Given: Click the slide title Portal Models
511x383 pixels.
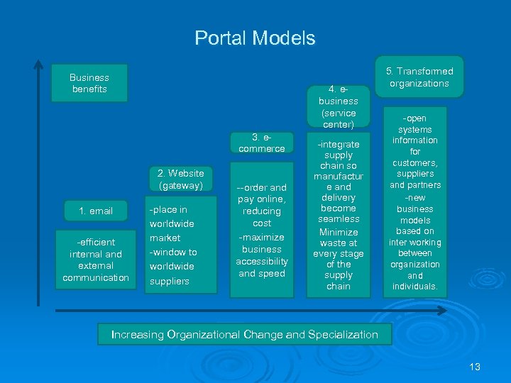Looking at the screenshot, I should (255, 38).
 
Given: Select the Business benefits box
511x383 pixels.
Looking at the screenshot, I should (89, 83).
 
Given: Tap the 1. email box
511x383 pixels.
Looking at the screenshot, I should (96, 211).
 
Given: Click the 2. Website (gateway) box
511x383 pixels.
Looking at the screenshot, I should (180, 179).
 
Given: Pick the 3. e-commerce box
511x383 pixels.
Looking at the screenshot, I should (262, 143).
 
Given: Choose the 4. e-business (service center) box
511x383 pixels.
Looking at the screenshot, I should (339, 107).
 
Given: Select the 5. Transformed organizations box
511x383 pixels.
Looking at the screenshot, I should (419, 77).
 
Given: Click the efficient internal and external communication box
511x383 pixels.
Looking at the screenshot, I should (96, 260).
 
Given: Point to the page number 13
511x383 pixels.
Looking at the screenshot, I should (475, 367).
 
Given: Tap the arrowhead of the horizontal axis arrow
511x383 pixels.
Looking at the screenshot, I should (442, 311).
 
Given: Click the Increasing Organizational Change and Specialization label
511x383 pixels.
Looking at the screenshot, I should (245, 335).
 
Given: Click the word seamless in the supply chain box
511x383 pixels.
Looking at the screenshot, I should (339, 219).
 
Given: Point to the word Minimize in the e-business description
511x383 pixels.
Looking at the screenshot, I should (339, 232).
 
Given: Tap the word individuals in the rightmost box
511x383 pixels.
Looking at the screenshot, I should (415, 287).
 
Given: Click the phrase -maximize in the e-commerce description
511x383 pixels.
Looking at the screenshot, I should (262, 237).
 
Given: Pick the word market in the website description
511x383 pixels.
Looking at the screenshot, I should (165, 238).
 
